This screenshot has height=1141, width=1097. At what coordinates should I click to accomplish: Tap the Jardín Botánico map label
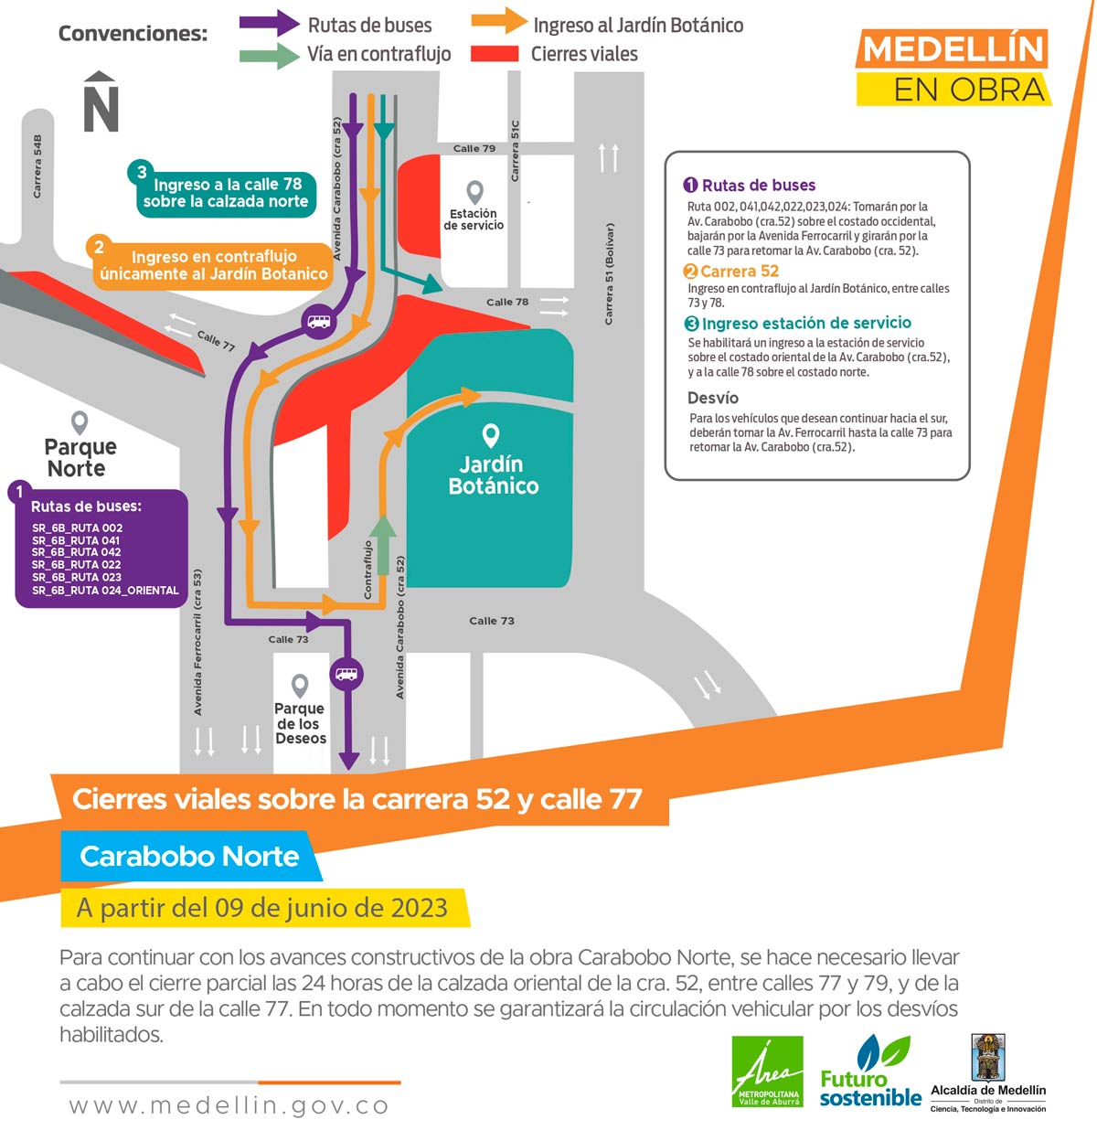(x=493, y=475)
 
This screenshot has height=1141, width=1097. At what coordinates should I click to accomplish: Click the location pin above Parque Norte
(x=80, y=422)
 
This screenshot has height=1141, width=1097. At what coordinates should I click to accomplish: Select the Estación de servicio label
(x=474, y=219)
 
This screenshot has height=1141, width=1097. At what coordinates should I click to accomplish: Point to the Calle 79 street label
(x=474, y=148)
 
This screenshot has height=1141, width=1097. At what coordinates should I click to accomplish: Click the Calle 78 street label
(x=506, y=302)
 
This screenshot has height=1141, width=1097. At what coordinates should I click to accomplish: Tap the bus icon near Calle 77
(x=319, y=322)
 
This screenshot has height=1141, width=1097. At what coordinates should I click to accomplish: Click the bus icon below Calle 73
(x=346, y=674)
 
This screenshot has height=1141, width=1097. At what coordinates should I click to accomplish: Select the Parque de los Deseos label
(x=300, y=723)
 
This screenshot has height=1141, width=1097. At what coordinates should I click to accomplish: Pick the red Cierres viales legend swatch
(x=495, y=54)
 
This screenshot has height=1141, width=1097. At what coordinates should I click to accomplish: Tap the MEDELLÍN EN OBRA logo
(x=953, y=69)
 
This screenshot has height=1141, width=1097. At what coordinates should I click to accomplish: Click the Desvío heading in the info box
(x=713, y=398)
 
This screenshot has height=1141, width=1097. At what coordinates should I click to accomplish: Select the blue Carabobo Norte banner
(x=190, y=856)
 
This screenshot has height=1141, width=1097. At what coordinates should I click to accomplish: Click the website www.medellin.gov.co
(x=229, y=1105)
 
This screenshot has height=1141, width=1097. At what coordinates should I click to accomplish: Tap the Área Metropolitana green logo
(x=767, y=1072)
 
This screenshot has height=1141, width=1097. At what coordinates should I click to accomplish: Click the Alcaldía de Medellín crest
(x=987, y=1058)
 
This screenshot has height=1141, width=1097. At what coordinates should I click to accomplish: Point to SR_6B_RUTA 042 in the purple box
(x=77, y=552)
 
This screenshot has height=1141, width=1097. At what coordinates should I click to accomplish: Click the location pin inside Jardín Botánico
(x=491, y=435)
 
